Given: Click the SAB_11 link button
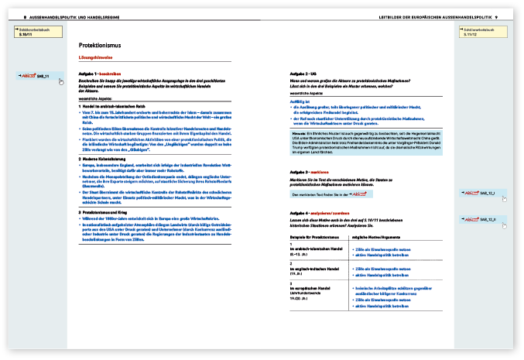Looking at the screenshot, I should click(x=39, y=77).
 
